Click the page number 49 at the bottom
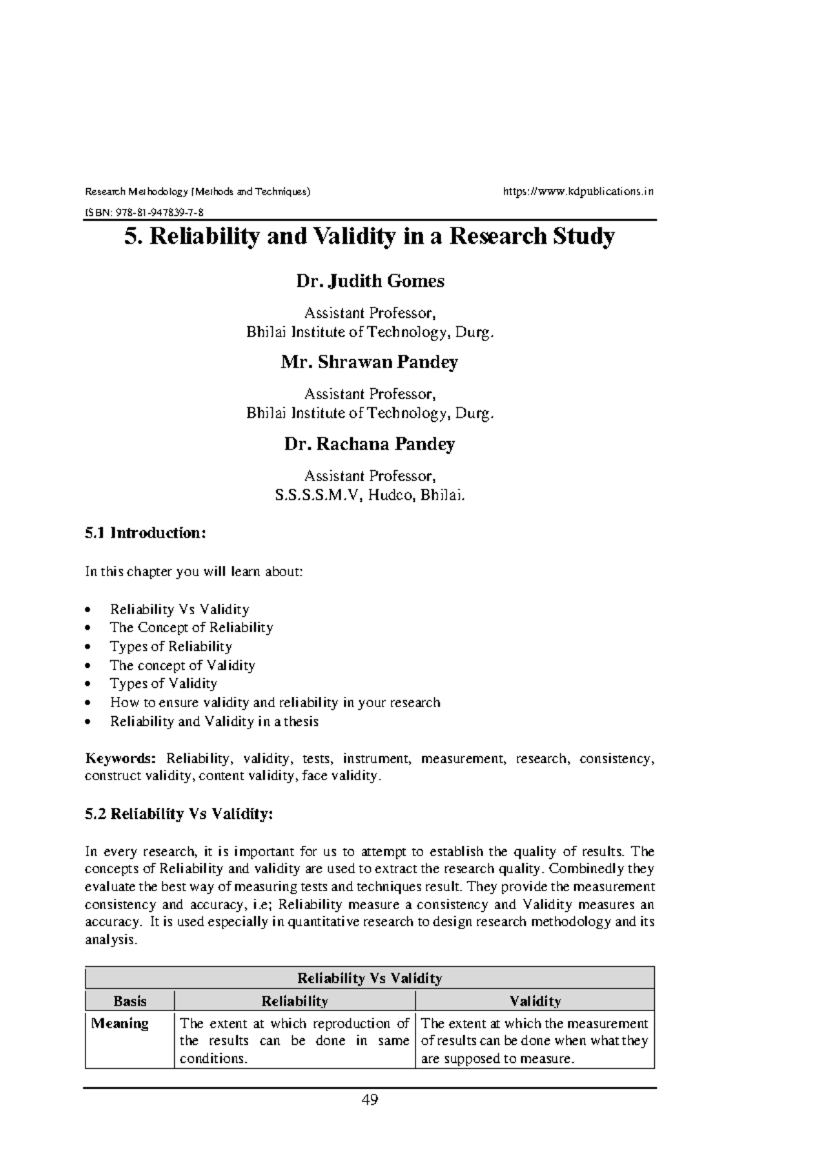(369, 1099)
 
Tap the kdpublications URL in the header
(578, 191)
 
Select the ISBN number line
(143, 212)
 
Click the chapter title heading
(369, 236)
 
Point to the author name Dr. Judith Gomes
(369, 281)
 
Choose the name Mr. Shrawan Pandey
(369, 363)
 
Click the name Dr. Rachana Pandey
(369, 444)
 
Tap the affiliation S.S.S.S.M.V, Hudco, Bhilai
(369, 494)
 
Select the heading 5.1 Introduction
(145, 533)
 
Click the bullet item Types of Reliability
(170, 647)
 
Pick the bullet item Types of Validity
(163, 684)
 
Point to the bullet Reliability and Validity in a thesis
(214, 722)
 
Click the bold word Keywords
(121, 759)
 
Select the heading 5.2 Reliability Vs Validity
(178, 814)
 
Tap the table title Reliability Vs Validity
(369, 978)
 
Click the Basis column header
(130, 1001)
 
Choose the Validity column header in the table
(535, 1001)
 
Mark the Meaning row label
(120, 1024)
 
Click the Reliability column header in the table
(294, 1001)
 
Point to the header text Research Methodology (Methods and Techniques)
(197, 191)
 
